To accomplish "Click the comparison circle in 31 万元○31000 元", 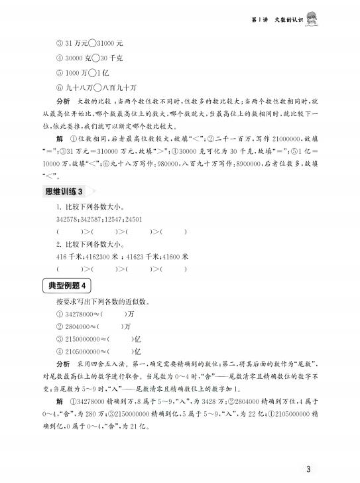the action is pos(91,44).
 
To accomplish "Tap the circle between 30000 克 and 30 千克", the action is pos(99,58).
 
